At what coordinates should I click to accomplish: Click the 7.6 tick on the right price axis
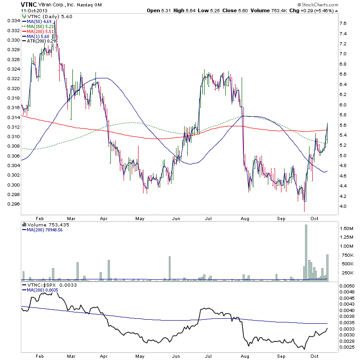pos(343,24)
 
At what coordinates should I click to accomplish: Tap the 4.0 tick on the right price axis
pos(343,206)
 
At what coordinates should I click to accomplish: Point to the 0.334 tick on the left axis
pos(13,21)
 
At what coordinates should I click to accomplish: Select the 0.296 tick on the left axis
pos(13,204)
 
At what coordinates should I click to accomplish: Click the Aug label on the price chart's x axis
pos(245,218)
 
